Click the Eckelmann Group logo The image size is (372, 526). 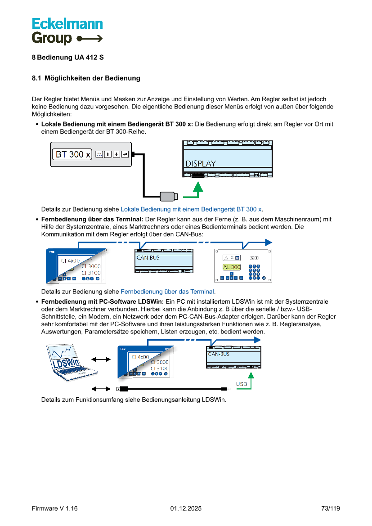(67, 31)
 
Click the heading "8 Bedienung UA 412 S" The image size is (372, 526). (68, 58)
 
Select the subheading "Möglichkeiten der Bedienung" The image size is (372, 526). (92, 78)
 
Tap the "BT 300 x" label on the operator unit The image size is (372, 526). (72, 154)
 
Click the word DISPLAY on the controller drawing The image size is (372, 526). (201, 164)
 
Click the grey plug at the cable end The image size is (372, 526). (169, 196)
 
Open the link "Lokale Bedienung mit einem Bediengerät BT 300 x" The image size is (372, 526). (191, 209)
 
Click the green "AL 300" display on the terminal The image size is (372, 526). (232, 267)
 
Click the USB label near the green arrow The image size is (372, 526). (242, 384)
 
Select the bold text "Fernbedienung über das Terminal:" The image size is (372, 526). (92, 219)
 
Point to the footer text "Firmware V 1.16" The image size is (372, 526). (54, 508)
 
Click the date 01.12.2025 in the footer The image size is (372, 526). (186, 508)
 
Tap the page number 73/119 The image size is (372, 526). (331, 508)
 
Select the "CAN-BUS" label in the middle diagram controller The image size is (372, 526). (148, 258)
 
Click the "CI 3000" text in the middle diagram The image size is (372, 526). (91, 266)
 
